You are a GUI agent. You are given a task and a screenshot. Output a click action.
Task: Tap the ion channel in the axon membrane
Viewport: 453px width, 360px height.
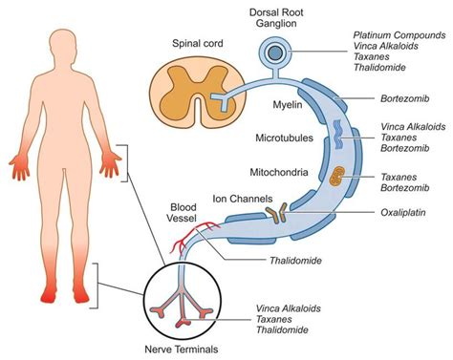coord(278,217)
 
